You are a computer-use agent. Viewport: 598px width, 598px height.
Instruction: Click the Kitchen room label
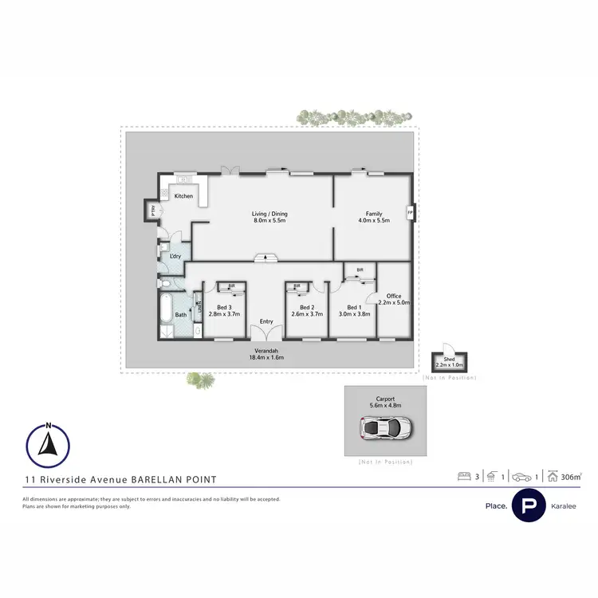[x=184, y=196]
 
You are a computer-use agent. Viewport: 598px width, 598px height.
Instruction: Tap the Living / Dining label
[x=269, y=214]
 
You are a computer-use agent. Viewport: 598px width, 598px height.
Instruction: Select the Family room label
[x=374, y=214]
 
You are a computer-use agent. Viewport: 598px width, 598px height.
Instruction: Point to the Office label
[x=393, y=296]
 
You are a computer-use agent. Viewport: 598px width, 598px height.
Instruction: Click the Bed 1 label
[x=354, y=308]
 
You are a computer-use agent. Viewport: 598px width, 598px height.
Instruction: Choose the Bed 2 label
[x=307, y=308]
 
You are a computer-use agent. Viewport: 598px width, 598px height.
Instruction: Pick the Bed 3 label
[x=224, y=308]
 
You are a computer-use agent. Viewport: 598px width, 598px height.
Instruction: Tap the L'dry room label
[x=175, y=256]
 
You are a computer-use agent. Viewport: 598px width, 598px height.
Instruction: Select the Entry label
[x=266, y=321]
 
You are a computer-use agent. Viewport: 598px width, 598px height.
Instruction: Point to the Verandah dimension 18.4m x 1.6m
[x=266, y=359]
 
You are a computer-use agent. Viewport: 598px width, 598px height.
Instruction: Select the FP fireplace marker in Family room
[x=411, y=213]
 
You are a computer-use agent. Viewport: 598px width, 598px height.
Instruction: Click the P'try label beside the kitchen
[x=151, y=210]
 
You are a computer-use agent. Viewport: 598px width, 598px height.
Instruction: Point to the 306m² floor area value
[x=571, y=477]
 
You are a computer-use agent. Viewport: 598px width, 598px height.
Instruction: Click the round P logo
[x=527, y=506]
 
